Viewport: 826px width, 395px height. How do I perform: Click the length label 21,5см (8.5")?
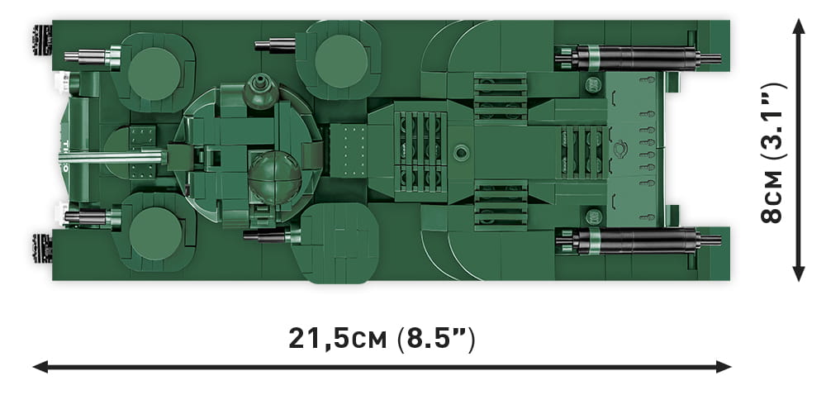(x=382, y=339)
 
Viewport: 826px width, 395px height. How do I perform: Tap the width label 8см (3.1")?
(x=774, y=153)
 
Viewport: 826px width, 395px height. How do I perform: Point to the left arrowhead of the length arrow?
(x=40, y=367)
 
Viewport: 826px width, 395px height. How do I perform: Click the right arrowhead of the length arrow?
(x=724, y=367)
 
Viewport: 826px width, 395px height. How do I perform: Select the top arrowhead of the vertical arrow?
(x=799, y=26)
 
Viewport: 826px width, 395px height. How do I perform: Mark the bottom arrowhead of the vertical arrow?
(x=799, y=274)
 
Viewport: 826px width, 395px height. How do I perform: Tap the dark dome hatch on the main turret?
(x=274, y=177)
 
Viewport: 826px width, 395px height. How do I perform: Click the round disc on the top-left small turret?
(x=154, y=74)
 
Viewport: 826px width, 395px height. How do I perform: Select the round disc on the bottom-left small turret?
(x=155, y=233)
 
